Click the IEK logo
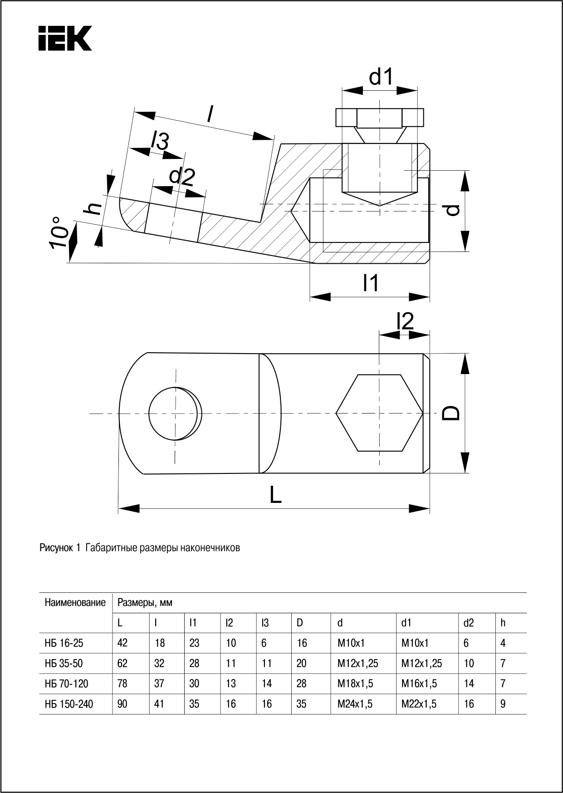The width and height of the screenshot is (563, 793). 65,38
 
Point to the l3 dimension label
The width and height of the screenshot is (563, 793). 160,142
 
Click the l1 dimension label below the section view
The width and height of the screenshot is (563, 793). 371,283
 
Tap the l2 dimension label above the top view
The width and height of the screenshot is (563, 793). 405,321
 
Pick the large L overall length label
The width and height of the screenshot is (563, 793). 275,494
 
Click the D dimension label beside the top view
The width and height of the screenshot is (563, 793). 451,413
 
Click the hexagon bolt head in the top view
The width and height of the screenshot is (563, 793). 379,413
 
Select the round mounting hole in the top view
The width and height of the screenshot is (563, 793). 175,413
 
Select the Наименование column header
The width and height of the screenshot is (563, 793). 75,603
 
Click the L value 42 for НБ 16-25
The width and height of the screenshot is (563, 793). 122,643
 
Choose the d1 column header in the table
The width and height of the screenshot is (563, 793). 406,623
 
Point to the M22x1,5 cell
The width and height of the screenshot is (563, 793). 419,704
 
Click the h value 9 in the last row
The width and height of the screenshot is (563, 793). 503,704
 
